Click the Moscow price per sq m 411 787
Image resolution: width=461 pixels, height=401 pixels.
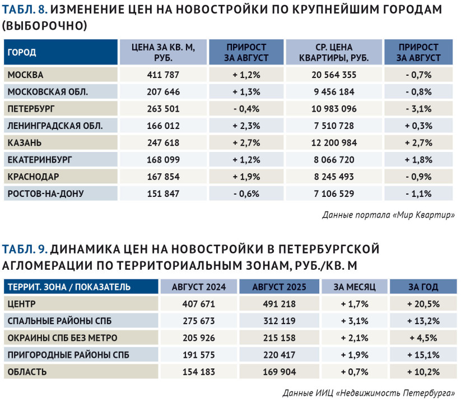(x=163, y=75)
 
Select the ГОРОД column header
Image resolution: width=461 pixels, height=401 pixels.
(x=22, y=52)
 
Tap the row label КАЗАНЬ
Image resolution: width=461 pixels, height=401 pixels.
(x=25, y=143)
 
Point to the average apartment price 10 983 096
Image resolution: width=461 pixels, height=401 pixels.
(x=334, y=109)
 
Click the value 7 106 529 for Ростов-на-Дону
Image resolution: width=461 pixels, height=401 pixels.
(x=334, y=193)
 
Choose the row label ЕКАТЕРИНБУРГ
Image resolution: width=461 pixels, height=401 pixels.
(x=40, y=160)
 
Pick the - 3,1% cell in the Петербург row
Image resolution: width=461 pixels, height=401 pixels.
(x=418, y=109)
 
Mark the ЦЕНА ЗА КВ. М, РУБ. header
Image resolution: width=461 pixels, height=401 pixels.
(x=163, y=52)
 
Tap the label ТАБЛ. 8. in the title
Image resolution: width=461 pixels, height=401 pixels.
(x=25, y=10)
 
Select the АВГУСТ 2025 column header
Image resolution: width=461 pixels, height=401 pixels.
(x=280, y=287)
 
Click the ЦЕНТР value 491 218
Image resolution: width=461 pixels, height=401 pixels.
(x=280, y=304)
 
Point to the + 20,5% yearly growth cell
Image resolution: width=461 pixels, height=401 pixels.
(x=423, y=304)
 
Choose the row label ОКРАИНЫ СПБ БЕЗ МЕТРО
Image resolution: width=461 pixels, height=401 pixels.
(x=62, y=338)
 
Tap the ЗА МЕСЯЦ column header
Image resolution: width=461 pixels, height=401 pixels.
(x=355, y=287)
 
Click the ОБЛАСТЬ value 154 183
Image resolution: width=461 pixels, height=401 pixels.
(x=199, y=372)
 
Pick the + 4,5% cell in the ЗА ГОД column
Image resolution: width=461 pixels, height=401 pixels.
(x=423, y=338)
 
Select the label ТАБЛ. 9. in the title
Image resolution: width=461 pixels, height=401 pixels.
(x=25, y=250)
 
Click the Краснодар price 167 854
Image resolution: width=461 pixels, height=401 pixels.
(x=163, y=177)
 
